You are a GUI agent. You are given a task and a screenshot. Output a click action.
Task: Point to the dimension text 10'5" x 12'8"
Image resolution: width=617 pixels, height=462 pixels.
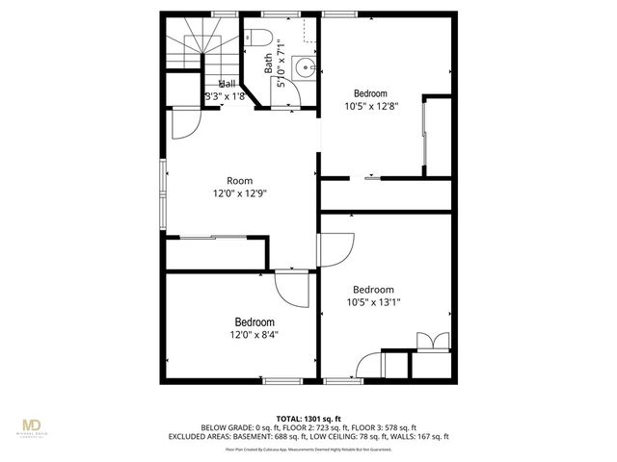pyautogui.click(x=371, y=107)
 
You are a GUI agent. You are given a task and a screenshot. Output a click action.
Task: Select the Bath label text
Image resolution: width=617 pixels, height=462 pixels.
pyautogui.click(x=269, y=64)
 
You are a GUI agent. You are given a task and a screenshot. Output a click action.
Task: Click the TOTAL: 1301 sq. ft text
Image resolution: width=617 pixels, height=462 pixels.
pyautogui.click(x=308, y=419)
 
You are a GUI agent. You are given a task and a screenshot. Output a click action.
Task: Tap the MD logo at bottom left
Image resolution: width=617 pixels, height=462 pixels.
pyautogui.click(x=33, y=427)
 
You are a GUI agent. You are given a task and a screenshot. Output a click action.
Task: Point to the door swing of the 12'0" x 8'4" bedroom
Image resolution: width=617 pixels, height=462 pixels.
pyautogui.click(x=290, y=286)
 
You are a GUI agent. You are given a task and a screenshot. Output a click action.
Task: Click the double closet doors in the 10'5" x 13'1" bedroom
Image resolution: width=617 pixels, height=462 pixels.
pyautogui.click(x=430, y=341)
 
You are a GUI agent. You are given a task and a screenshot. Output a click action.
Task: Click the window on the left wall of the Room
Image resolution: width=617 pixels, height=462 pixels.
pyautogui.click(x=163, y=183)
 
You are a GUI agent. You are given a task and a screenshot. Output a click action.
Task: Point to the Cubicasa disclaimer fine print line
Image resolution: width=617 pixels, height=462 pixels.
pyautogui.click(x=308, y=449)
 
